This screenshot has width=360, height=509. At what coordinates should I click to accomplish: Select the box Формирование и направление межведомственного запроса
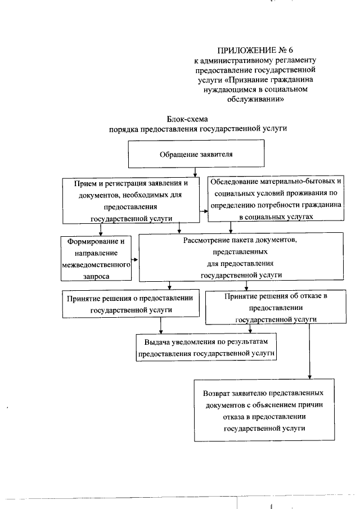[96, 258]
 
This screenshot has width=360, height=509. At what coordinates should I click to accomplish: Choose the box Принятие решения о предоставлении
[131, 304]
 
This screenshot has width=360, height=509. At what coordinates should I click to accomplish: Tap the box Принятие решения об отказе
[275, 308]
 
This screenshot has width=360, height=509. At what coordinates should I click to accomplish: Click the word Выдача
[156, 341]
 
